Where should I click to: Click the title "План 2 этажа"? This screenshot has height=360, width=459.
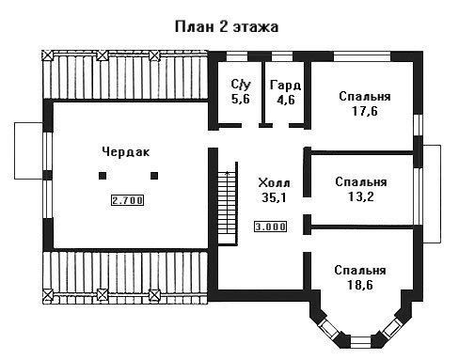[x=227, y=27]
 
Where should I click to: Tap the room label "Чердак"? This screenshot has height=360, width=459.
[x=126, y=152]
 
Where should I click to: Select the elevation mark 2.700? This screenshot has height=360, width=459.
[x=128, y=200]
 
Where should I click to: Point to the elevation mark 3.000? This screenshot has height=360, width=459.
[x=270, y=227]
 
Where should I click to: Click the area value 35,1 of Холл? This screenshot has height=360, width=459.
[x=274, y=197]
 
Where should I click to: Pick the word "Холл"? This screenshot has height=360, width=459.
[x=274, y=182]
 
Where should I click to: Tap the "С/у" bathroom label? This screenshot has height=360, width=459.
[x=241, y=85]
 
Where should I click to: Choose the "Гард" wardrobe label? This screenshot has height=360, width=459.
[x=286, y=86]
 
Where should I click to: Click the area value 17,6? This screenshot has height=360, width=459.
[x=365, y=111]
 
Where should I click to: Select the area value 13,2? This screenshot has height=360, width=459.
[x=361, y=196]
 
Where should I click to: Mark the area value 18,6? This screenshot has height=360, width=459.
[x=360, y=285]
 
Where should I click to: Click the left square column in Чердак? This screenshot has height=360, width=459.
[x=103, y=176]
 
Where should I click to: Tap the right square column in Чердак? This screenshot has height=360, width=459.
[x=154, y=176]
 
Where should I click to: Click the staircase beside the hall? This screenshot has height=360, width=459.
[x=228, y=204]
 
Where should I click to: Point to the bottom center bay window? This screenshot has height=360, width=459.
[x=360, y=342]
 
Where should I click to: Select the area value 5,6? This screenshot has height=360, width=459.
[x=241, y=99]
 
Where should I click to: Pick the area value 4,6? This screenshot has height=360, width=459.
[x=286, y=100]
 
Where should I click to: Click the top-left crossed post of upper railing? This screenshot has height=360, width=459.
[x=47, y=55]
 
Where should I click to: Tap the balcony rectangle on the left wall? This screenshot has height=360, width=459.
[x=28, y=150]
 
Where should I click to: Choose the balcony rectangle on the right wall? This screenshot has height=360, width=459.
[x=432, y=194]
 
